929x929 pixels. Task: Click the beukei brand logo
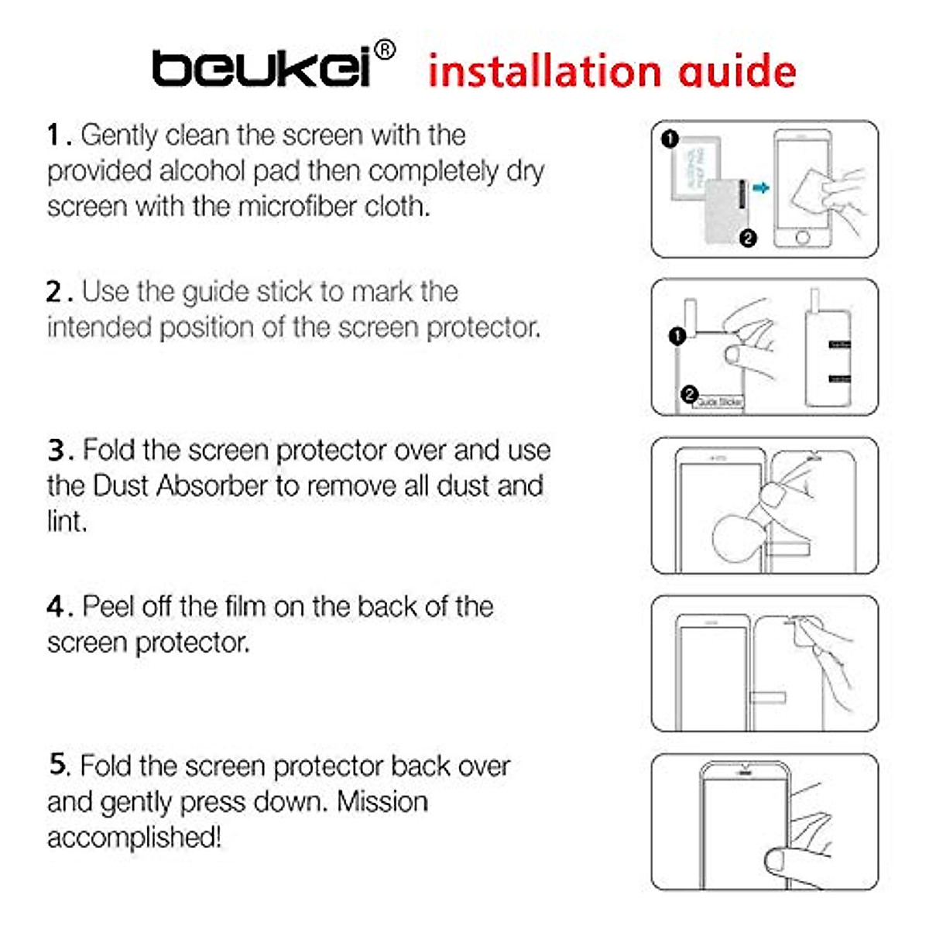click(x=262, y=68)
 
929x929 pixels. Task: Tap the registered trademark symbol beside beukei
click(x=385, y=50)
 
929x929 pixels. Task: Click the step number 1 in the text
click(x=53, y=135)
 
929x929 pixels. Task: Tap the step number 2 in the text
click(x=53, y=292)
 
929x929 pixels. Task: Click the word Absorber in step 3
click(x=212, y=486)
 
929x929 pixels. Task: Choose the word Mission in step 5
click(x=382, y=801)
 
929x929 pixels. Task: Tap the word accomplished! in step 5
click(x=134, y=837)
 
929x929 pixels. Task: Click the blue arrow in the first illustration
click(x=762, y=188)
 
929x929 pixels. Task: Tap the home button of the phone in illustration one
click(x=803, y=237)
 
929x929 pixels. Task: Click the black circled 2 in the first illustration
click(x=747, y=238)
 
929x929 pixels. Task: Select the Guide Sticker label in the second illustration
click(x=718, y=403)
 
